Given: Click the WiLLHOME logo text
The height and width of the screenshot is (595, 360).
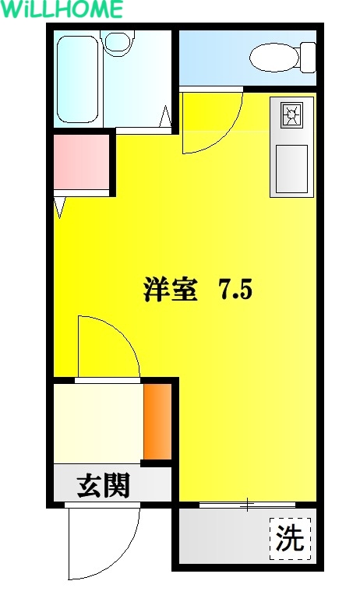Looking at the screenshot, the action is (62, 9).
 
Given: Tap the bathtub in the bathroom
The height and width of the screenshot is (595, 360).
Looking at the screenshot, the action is (77, 79).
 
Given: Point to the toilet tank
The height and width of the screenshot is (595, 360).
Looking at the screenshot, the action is (308, 58).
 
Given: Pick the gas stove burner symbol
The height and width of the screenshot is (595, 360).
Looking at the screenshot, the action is (291, 115).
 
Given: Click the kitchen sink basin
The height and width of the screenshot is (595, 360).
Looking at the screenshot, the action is (291, 169).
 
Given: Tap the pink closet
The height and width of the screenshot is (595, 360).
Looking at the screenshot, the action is (81, 162).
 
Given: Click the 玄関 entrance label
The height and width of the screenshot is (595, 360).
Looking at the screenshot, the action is (104, 485).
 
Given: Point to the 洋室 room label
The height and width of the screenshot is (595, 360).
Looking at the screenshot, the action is (171, 290).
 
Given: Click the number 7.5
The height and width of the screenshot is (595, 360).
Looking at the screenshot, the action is (234, 290).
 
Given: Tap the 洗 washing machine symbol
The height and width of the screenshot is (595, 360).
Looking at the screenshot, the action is (291, 538).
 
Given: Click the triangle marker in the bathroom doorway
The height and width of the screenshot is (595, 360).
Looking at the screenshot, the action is (165, 116).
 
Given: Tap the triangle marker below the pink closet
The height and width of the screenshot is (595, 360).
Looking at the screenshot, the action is (60, 207).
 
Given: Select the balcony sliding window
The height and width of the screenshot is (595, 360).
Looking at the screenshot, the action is (247, 505).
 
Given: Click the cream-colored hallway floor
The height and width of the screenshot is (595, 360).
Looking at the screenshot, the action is (98, 423).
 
